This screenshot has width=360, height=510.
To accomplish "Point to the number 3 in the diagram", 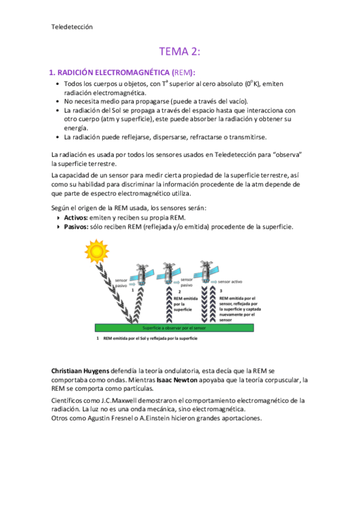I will pyautogui.click(x=221, y=290).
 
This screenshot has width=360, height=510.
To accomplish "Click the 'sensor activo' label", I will pyautogui.click(x=230, y=281).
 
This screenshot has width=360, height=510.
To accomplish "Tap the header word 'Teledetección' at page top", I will pyautogui.click(x=72, y=26).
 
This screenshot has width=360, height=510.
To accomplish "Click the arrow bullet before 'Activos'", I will pyautogui.click(x=58, y=217).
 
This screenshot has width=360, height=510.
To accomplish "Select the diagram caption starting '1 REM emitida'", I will pyautogui.click(x=148, y=339).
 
